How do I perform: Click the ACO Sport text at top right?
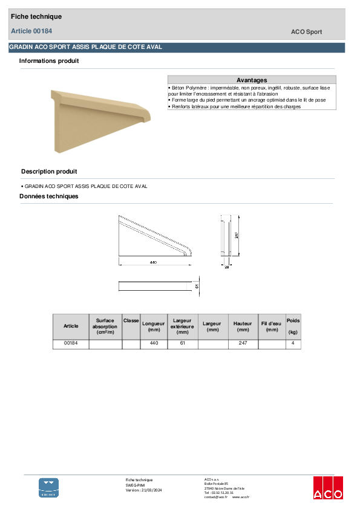[307, 32]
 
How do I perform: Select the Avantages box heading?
[252, 80]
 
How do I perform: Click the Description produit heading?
[49, 172]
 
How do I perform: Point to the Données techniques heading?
[49, 196]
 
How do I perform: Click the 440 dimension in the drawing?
[153, 262]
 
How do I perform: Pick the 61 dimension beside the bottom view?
[197, 285]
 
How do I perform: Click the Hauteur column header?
[243, 326]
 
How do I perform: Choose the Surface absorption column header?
[105, 326]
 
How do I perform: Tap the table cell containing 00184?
[71, 343]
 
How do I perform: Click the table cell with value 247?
[243, 343]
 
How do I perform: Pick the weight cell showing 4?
[293, 343]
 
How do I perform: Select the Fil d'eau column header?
[272, 326]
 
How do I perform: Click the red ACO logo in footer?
[328, 488]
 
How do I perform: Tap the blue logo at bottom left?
[49, 487]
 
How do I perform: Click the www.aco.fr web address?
[241, 497]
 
